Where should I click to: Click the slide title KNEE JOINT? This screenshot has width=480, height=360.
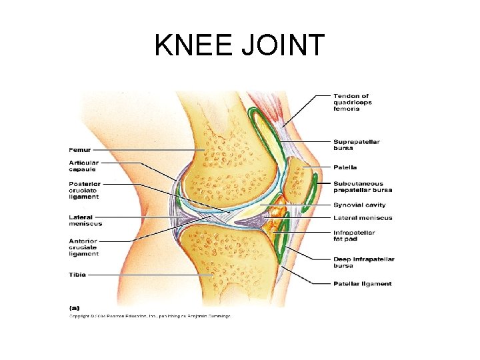click(239, 46)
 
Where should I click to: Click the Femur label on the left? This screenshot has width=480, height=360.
click(79, 150)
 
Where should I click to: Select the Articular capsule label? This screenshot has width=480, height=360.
click(83, 166)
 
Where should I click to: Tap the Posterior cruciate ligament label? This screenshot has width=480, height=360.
click(83, 190)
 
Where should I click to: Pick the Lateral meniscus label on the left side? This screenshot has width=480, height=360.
click(85, 220)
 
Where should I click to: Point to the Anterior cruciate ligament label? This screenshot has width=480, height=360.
click(83, 247)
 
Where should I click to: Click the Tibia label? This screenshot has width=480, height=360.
click(77, 274)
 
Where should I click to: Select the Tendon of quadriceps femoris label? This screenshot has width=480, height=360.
click(353, 102)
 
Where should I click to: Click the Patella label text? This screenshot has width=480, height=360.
click(345, 167)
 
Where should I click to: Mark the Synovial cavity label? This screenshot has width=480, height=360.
click(359, 205)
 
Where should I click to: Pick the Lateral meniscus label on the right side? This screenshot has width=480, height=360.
click(363, 218)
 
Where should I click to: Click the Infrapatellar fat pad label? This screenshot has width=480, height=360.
click(354, 235)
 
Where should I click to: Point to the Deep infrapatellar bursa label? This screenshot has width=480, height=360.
click(364, 262)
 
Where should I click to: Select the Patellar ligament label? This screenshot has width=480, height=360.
click(363, 284)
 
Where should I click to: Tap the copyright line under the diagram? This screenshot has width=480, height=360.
click(150, 316)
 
